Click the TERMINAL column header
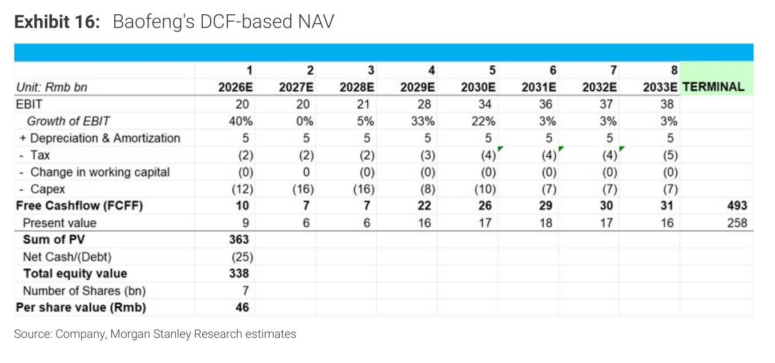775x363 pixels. [713, 87]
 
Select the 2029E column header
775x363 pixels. [417, 87]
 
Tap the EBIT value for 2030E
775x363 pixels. [485, 104]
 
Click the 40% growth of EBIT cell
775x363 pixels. [240, 121]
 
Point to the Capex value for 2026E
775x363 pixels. [242, 189]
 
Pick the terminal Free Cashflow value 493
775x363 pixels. [737, 205]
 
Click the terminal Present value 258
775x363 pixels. [737, 223]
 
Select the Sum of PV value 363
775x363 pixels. [239, 239]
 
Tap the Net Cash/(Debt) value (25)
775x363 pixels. [242, 257]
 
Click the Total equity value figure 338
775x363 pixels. [239, 273]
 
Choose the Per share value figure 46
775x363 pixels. [242, 307]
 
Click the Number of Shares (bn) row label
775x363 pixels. [84, 291]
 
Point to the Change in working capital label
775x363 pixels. [100, 172]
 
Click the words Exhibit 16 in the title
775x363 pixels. [57, 22]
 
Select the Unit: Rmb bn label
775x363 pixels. [51, 87]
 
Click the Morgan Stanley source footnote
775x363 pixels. [155, 334]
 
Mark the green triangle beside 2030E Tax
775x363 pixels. [500, 148]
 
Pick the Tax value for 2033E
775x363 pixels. [670, 155]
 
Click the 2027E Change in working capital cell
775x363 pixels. [306, 172]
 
